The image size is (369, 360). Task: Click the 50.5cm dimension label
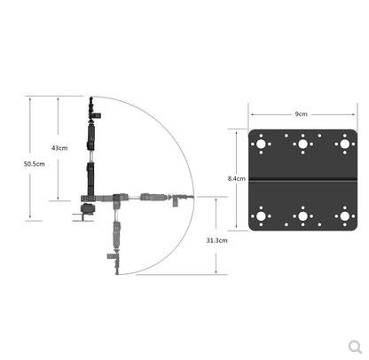click(35, 164)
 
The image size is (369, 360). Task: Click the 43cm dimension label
click(59, 148)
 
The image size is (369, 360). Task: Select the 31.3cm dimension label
click(217, 240)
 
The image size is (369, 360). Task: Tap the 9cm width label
click(301, 114)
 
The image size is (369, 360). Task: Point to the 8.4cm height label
click(236, 178)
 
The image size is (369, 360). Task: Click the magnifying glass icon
click(355, 347)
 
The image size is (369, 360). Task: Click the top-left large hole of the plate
click(261, 145)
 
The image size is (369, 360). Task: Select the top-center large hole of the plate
click(302, 145)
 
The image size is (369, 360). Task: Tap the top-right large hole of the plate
click(345, 145)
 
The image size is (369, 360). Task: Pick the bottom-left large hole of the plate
click(261, 216)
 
